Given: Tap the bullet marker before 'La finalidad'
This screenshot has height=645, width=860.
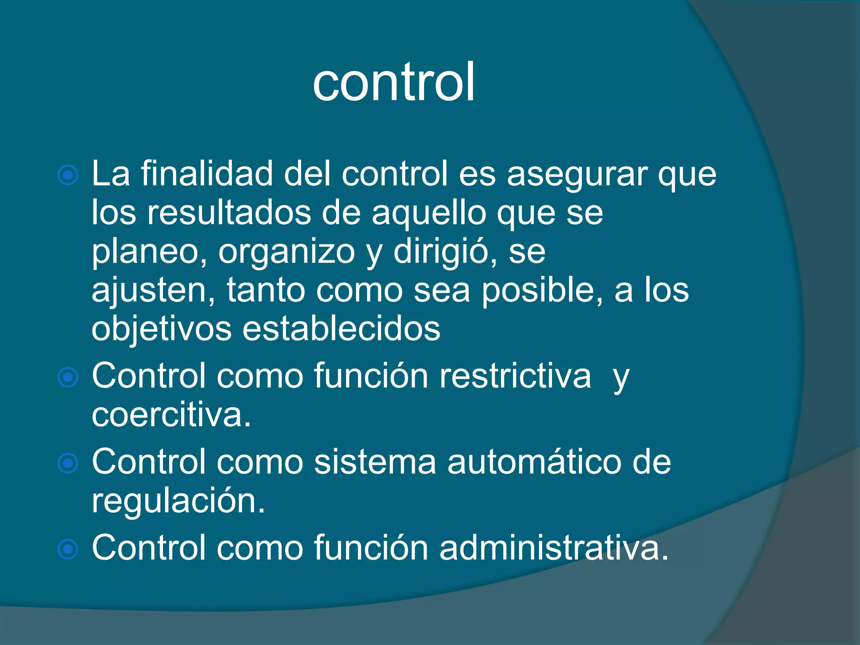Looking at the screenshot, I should pyautogui.click(x=68, y=175).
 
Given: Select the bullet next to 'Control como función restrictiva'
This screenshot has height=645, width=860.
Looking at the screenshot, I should pyautogui.click(x=68, y=377).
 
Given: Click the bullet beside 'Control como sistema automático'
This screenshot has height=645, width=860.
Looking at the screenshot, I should pyautogui.click(x=68, y=463).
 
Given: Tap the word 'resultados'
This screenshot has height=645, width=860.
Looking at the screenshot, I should pyautogui.click(x=229, y=212).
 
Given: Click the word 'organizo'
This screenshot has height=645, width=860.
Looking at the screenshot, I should pyautogui.click(x=287, y=252).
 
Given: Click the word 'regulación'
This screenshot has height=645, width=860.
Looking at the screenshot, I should pyautogui.click(x=178, y=501).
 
